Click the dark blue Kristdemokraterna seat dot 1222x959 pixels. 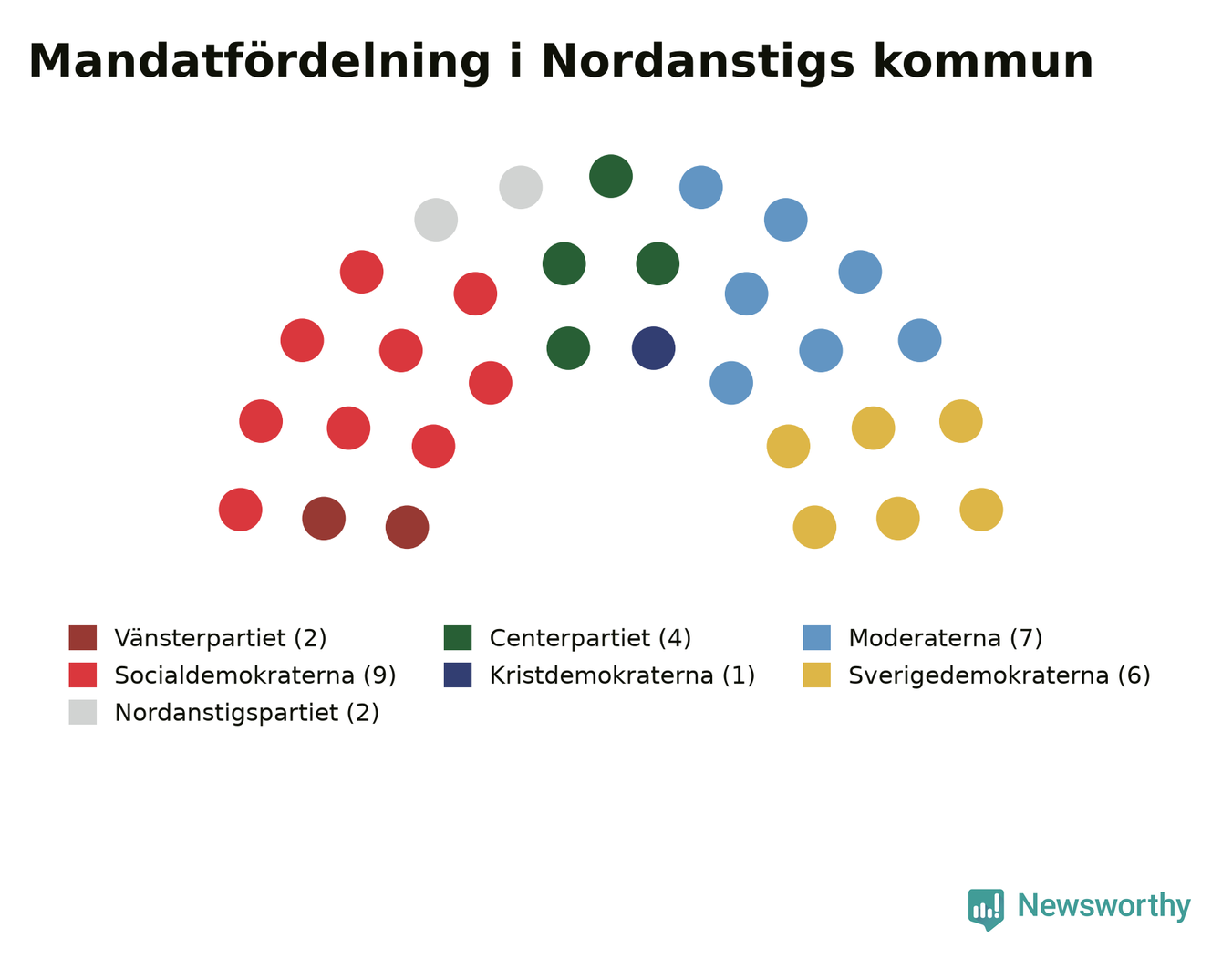click(654, 348)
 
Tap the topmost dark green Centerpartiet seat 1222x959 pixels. click(611, 176)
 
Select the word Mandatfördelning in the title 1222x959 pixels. click(259, 62)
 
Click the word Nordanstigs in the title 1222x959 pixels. click(698, 62)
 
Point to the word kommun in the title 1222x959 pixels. click(984, 62)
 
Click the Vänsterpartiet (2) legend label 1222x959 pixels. click(221, 639)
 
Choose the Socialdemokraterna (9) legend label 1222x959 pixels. click(255, 675)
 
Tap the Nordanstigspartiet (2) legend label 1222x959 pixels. click(247, 713)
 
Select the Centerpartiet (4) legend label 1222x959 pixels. click(590, 639)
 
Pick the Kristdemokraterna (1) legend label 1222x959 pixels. click(622, 675)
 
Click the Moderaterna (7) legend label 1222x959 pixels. click(946, 639)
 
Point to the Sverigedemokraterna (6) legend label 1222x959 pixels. click(999, 675)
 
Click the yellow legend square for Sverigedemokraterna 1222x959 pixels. click(816, 675)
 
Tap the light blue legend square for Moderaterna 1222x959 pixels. click(816, 638)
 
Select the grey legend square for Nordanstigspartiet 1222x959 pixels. click(83, 712)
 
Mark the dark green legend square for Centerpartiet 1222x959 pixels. click(458, 638)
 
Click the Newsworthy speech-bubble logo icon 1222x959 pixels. click(986, 910)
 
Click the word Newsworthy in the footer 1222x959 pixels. click(1104, 906)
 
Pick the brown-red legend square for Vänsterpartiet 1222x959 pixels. click(83, 638)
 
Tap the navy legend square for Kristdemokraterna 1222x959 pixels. click(458, 675)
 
